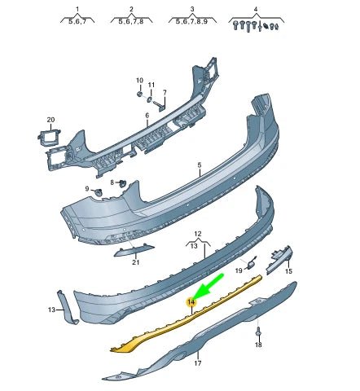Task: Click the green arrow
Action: [x=210, y=286]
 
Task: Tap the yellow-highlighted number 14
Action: [x=191, y=303]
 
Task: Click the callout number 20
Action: [x=50, y=121]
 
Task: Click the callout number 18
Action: [x=258, y=345]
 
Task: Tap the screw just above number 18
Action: [x=258, y=332]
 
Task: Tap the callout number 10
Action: [x=139, y=81]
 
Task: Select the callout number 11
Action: [x=151, y=85]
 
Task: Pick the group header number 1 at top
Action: [x=77, y=9]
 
